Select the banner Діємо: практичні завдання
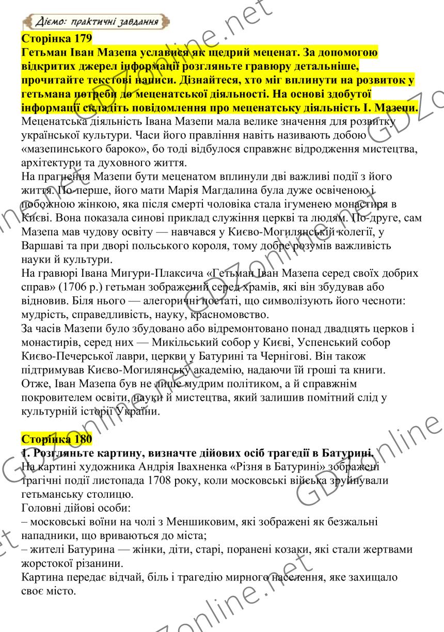click(x=97, y=22)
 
